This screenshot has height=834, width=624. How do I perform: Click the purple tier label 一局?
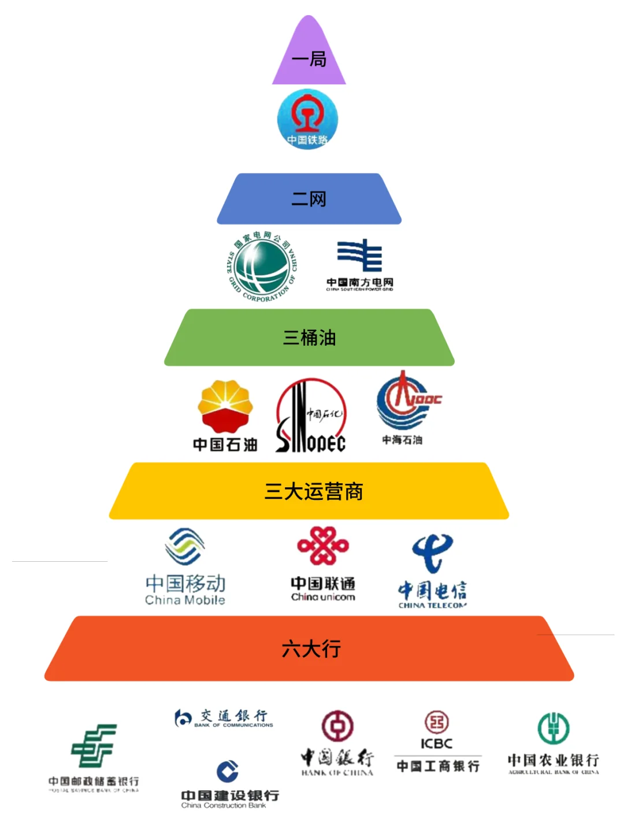309,59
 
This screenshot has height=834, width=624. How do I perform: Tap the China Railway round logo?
307,119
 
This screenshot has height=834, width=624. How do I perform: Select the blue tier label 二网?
309,199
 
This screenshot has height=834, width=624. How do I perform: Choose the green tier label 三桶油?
309,338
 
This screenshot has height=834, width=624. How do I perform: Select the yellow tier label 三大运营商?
313,491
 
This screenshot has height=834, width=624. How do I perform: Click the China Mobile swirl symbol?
185,546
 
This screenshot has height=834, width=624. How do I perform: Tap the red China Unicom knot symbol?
323,546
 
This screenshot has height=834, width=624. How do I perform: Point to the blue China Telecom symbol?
432,553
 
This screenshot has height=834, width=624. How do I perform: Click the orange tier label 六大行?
311,649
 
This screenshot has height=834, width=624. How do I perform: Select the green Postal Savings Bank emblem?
94,746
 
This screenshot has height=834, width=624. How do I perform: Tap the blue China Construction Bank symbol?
228,771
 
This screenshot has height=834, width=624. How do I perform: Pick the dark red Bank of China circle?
337,726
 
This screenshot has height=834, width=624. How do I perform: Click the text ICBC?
436,744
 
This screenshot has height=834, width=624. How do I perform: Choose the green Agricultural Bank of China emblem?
554,728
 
